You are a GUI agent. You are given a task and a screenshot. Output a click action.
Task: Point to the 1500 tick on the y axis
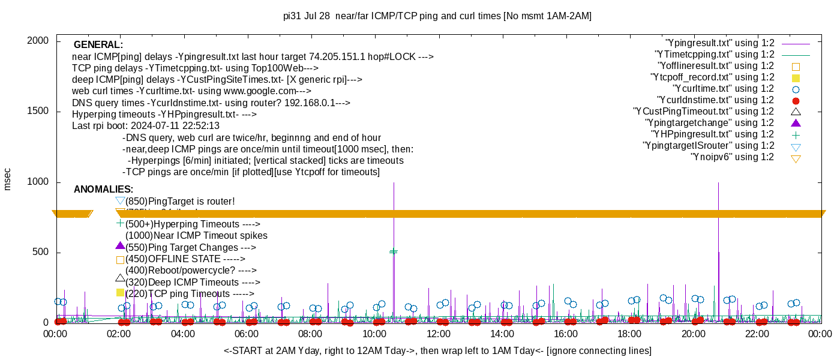pos(39,112)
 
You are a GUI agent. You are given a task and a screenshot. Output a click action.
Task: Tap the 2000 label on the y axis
pos(39,41)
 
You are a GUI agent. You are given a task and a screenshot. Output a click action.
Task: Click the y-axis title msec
pos(8,179)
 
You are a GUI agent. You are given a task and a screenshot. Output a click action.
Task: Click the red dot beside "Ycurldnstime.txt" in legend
pos(796,101)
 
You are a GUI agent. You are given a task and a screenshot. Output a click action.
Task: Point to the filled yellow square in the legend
pos(796,78)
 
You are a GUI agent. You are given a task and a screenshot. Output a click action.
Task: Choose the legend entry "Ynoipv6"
pos(732,157)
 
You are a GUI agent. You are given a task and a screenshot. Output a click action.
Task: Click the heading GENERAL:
pos(98,45)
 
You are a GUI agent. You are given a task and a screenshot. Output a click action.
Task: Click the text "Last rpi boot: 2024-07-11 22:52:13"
pos(146,126)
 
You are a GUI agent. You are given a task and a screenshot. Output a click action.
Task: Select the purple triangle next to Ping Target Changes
pos(120,246)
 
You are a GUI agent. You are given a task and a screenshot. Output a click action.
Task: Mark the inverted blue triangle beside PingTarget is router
pos(120,200)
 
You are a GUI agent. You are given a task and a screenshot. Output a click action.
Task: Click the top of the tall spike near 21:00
pos(718,184)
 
